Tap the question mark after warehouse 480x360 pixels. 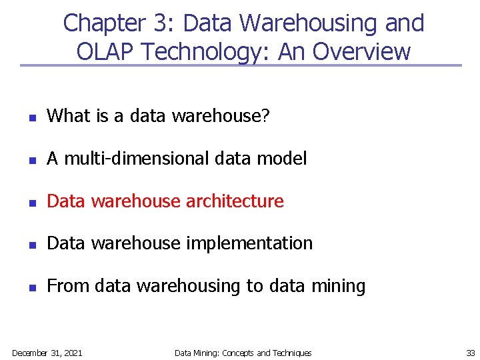[265, 116]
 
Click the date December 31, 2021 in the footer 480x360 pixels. [47, 353]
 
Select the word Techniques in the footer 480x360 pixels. [292, 353]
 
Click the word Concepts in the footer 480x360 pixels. [238, 353]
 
